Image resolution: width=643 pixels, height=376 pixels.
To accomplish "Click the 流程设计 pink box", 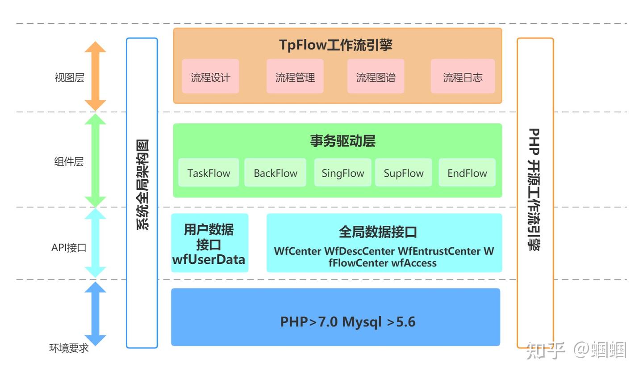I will click(210, 77).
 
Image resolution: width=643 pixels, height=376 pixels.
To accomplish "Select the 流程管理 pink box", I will click(295, 77).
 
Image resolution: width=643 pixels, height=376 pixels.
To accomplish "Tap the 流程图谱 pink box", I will click(376, 77).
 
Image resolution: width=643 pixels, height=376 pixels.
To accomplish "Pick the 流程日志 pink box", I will click(463, 77).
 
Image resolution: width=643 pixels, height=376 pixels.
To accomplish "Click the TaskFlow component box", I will click(209, 173).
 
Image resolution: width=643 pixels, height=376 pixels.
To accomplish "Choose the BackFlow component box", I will click(275, 173).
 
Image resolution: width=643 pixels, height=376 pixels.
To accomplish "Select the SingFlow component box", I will click(342, 173).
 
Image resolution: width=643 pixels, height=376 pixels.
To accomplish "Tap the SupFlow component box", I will click(403, 173).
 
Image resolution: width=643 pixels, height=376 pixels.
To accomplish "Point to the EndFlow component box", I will click(467, 173).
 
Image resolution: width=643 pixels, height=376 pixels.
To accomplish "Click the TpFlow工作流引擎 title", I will click(336, 45).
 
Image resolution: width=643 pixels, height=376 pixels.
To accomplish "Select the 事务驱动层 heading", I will click(342, 141).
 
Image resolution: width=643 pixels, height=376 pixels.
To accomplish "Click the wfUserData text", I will click(209, 260).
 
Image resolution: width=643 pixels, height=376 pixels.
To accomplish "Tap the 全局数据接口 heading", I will click(378, 232).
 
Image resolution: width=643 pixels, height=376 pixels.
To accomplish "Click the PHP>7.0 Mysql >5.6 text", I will click(347, 321).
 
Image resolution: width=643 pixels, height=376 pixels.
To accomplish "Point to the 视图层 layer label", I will click(69, 77).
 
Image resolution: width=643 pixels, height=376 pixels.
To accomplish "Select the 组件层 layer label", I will click(69, 161).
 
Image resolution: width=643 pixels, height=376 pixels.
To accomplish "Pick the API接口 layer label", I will click(69, 248).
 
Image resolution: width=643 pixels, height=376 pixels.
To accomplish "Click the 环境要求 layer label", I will click(69, 348).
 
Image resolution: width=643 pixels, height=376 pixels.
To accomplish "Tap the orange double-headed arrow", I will click(96, 76).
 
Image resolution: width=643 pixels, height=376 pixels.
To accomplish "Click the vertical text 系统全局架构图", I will click(142, 184).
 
